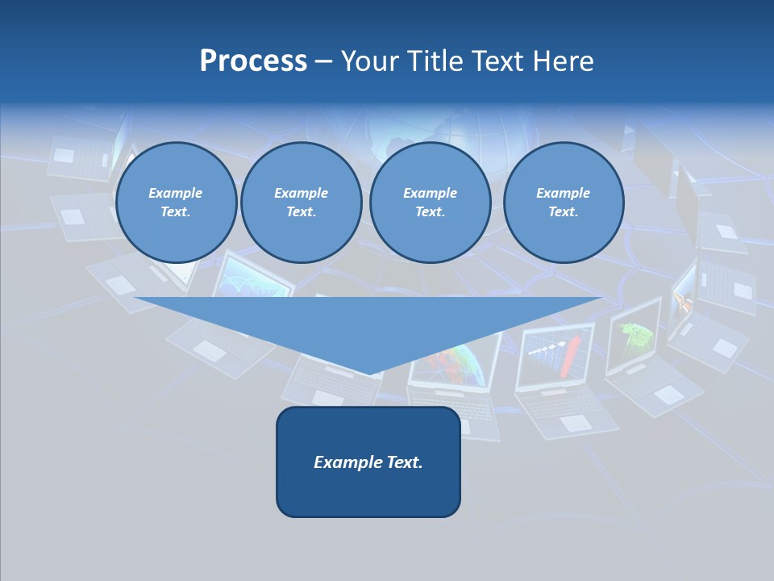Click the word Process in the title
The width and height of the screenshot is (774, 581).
[253, 61]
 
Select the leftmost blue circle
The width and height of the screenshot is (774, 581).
[176, 203]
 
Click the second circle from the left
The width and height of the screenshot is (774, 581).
[302, 203]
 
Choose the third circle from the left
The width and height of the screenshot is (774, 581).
[431, 203]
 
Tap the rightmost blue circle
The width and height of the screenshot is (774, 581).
[564, 203]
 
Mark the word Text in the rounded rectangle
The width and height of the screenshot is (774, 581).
[403, 462]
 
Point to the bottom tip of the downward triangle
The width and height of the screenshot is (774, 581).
[368, 374]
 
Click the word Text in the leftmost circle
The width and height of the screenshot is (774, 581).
[176, 212]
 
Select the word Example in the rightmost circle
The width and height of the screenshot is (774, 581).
[564, 193]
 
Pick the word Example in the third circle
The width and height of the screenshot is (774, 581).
[431, 193]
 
